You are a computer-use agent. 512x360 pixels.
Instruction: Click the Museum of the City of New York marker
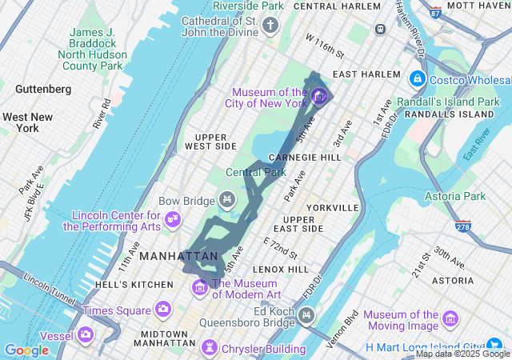319,98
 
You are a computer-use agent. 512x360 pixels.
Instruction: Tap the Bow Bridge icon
227,198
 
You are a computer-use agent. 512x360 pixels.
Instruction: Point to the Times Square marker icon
163,310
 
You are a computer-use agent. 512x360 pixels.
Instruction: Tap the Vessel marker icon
85,335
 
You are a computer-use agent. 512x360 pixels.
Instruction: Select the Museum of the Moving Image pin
450,320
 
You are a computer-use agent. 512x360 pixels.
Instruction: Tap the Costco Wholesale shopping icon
417,79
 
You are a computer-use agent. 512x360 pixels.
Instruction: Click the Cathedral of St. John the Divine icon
271,26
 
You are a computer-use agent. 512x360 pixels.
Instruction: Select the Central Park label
255,172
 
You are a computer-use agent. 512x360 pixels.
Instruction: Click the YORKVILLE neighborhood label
331,207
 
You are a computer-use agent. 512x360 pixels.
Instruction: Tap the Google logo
26,350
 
